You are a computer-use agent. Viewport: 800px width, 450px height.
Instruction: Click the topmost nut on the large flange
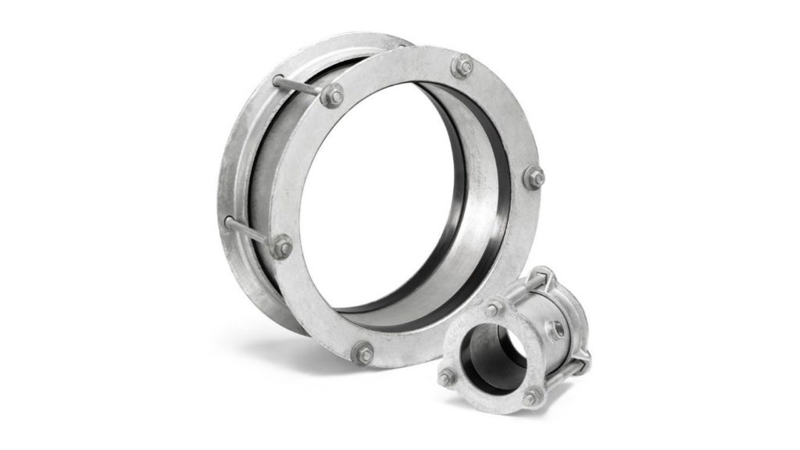point(462,66)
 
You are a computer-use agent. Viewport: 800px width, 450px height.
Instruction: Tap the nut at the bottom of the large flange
point(362,352)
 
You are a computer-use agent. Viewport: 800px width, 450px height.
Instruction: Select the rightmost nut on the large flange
point(534,177)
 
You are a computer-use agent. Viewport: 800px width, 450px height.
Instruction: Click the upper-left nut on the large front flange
point(332,95)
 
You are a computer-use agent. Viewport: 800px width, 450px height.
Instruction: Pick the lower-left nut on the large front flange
point(282,248)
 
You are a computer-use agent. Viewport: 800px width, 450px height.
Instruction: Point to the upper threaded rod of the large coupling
point(297,84)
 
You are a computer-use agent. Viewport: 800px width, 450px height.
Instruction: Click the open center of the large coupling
point(383,195)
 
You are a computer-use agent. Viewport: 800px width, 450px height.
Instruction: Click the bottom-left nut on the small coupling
point(447,378)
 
